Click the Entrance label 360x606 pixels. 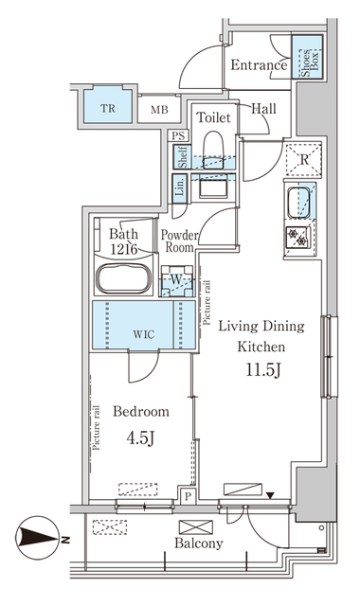tap(259, 66)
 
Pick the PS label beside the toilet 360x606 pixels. tap(178, 135)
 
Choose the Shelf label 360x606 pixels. tap(181, 157)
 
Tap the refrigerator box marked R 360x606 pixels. tap(302, 159)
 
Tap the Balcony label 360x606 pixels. tap(198, 544)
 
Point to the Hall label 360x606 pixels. tap(263, 109)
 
